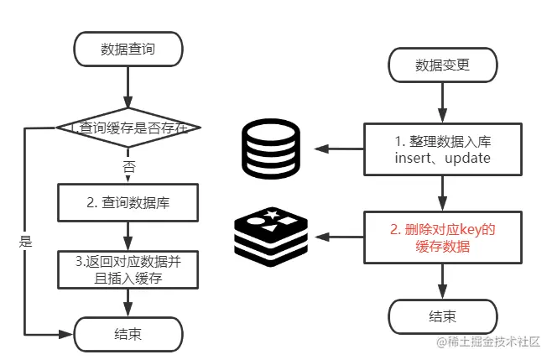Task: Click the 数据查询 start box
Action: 128,50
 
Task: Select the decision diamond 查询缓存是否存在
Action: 128,128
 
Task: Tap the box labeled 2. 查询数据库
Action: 128,202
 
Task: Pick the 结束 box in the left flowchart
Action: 128,333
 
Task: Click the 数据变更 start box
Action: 442,64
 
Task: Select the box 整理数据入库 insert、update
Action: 442,149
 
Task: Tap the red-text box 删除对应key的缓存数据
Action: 442,237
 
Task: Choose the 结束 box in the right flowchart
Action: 442,316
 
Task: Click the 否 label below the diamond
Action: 128,166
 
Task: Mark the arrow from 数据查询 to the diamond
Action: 128,86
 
